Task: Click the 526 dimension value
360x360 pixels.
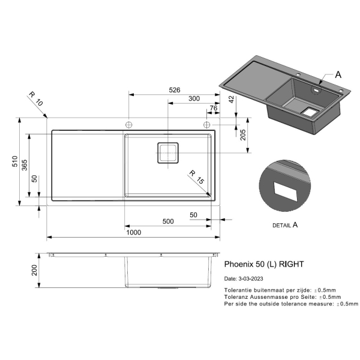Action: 175,90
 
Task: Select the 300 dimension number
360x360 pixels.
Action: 194,98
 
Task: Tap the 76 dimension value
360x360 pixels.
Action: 213,108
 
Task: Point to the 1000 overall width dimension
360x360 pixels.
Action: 134,232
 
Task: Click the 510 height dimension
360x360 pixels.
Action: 15,161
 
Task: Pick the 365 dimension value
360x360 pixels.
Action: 25,165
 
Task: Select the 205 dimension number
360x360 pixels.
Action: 242,135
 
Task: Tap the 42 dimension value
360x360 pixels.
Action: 232,100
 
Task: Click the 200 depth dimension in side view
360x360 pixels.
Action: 34,270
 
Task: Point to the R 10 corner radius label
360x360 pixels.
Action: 36,99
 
